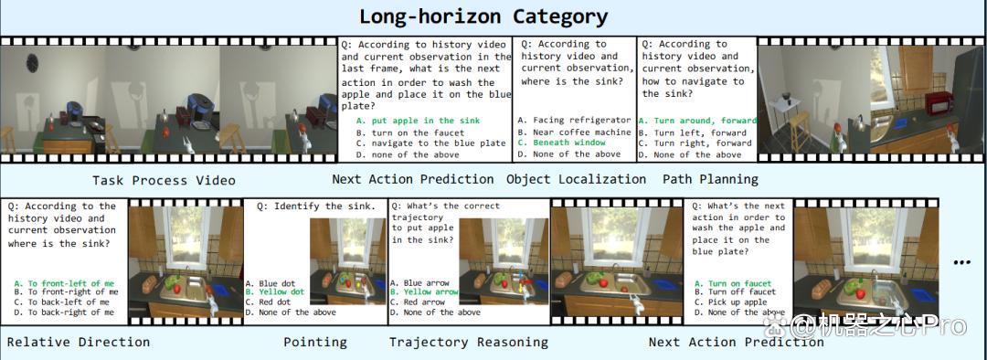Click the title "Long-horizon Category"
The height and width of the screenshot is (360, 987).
point(483,17)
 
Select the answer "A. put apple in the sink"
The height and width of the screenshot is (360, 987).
point(418,121)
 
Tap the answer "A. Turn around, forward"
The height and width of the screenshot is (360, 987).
point(697,121)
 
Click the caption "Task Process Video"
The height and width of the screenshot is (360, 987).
point(164,181)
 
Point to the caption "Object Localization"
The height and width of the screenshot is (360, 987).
point(576,179)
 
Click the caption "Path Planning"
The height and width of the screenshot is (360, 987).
point(710,179)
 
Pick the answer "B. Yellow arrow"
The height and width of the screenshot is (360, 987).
point(424,292)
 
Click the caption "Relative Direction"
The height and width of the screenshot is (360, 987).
point(79,343)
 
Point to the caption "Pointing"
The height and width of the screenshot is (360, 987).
point(314,343)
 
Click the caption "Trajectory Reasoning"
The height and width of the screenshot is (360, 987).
point(468,343)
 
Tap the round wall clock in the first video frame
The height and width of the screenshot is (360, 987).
point(33,62)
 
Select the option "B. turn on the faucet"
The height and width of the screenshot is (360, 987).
point(409,132)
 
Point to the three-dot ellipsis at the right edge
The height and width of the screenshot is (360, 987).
point(961,262)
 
